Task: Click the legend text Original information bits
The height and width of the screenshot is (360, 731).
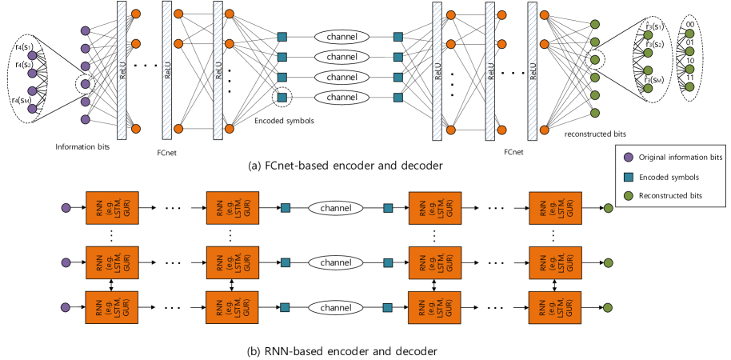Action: [680, 158]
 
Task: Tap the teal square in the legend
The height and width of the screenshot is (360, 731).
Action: [628, 177]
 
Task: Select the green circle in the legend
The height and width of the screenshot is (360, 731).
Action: [628, 196]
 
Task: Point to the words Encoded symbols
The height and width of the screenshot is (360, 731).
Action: [669, 177]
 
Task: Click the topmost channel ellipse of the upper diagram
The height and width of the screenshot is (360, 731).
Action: [342, 37]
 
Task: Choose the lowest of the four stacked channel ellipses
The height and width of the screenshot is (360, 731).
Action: [342, 98]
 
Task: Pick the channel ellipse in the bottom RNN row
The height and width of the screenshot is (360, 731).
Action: [336, 307]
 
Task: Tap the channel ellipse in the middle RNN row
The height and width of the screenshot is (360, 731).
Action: [336, 262]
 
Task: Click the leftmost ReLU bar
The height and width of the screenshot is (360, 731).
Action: [122, 70]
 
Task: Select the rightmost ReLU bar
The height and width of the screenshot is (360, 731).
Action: [533, 70]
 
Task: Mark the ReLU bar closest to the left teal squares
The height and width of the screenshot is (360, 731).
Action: [218, 70]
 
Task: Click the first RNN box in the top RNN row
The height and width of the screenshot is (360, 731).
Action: [112, 208]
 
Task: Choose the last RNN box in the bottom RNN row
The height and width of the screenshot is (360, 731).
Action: [555, 307]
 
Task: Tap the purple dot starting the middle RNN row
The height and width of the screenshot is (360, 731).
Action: [66, 262]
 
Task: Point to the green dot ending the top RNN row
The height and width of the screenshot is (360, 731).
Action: [608, 208]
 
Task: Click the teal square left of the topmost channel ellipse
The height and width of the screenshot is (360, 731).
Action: [282, 37]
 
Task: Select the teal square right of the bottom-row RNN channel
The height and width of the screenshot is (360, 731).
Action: [388, 307]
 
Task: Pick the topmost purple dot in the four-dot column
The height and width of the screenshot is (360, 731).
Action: [32, 56]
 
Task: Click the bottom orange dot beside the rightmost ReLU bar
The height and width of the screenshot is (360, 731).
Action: [544, 129]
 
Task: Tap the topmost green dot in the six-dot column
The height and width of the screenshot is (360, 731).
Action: [594, 25]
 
